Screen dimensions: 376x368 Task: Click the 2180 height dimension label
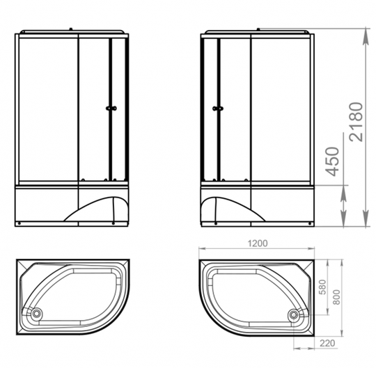pos(357,122)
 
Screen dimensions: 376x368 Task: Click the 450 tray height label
pos(332,161)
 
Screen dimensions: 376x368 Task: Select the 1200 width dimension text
pos(258,243)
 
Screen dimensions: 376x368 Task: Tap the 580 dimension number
pos(323,287)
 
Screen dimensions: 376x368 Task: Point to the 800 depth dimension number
pos(337,297)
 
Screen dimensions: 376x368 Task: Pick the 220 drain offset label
pos(327,343)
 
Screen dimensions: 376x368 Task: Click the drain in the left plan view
pos(37,313)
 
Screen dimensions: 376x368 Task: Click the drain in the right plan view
pos(293,314)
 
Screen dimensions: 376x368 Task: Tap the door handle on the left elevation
pos(111,109)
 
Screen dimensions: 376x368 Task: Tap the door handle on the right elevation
pos(218,109)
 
